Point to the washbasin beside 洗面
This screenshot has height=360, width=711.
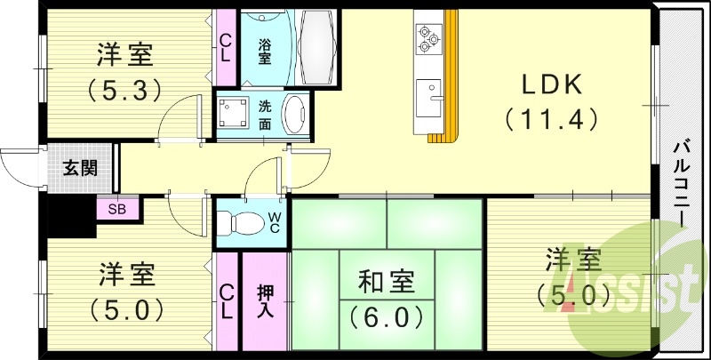pyautogui.click(x=296, y=114)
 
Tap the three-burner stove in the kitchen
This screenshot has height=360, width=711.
pyautogui.click(x=427, y=36)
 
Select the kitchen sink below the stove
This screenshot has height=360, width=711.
pyautogui.click(x=427, y=92)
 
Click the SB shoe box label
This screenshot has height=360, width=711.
pyautogui.click(x=116, y=210)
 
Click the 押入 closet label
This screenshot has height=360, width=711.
pyautogui.click(x=266, y=301)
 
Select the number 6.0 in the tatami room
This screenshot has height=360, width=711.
pyautogui.click(x=386, y=315)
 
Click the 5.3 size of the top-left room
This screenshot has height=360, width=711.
pyautogui.click(x=124, y=89)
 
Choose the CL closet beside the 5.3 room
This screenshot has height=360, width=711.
pyautogui.click(x=226, y=47)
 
